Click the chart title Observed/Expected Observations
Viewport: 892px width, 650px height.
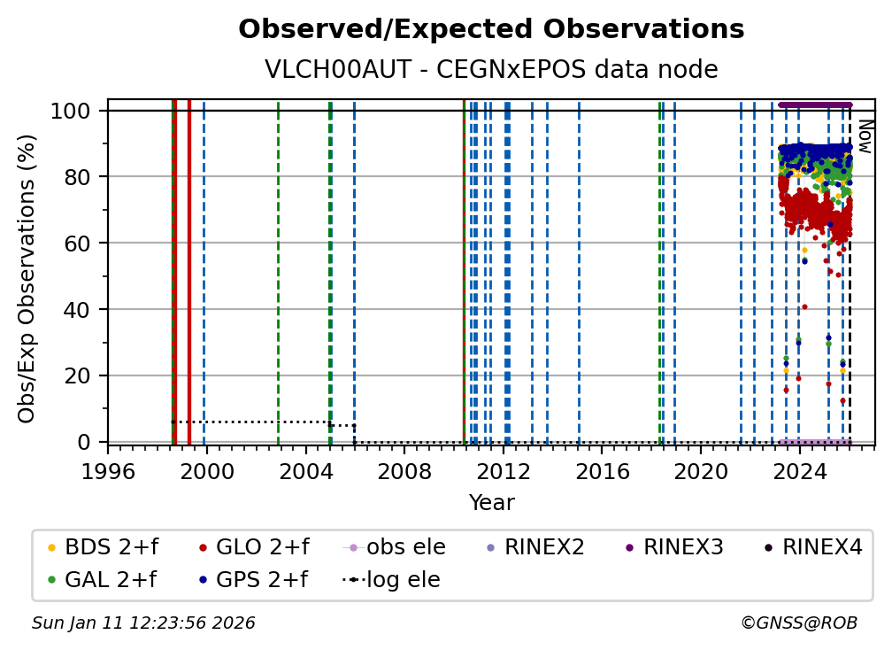(x=491, y=29)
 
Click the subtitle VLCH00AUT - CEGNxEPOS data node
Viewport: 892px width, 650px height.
(x=491, y=69)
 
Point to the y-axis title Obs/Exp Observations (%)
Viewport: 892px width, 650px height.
(x=27, y=278)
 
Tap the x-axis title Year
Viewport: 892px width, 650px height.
(x=491, y=503)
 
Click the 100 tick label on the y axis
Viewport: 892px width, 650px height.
(x=71, y=111)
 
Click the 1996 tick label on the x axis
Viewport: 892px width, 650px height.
(x=108, y=472)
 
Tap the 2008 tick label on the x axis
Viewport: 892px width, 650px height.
(x=404, y=472)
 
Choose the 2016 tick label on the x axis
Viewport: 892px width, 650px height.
(x=603, y=472)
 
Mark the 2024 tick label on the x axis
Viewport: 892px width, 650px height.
(x=800, y=472)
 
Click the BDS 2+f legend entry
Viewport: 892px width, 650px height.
(x=103, y=547)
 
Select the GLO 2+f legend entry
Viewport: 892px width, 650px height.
(x=254, y=547)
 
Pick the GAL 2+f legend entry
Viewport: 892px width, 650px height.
(x=102, y=580)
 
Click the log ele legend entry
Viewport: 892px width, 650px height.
(x=391, y=580)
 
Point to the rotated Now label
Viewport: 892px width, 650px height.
(x=865, y=136)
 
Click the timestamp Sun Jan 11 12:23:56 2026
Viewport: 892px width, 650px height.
(x=143, y=623)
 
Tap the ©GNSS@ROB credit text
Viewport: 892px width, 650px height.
(x=799, y=623)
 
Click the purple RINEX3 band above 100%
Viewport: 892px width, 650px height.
(x=815, y=105)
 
